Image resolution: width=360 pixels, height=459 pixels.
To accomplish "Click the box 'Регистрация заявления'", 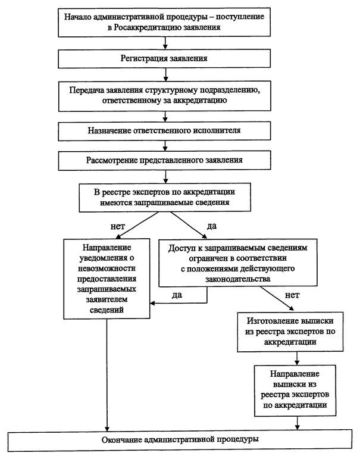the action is (164, 58).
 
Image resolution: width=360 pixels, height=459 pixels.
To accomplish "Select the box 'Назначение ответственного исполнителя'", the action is (164, 130).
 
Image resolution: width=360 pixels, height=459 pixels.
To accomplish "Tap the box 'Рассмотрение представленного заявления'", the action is (164, 160).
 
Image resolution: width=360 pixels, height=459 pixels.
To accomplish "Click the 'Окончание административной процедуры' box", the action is (180, 440).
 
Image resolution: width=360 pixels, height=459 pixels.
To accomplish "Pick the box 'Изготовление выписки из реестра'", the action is (290, 332).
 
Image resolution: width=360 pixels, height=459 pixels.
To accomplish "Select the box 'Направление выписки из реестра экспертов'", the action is (295, 391).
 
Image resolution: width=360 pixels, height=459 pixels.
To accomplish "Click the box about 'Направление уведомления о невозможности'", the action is (107, 279).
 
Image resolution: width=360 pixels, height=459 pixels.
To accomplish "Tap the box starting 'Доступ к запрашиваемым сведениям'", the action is (238, 263).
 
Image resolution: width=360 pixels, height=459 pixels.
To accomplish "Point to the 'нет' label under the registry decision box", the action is (118, 226).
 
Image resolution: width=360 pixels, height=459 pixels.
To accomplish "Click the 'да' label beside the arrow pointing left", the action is (177, 295).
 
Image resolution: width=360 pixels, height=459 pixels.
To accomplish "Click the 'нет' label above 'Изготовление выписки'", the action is (292, 295).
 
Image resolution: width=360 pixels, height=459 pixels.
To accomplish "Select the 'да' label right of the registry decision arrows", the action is (212, 226).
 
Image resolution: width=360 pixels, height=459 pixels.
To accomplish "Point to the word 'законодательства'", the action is (237, 279).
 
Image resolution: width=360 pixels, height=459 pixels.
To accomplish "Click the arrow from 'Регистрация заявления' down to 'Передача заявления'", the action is (165, 74).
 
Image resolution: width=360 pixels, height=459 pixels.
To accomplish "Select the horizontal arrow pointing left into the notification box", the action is (179, 303).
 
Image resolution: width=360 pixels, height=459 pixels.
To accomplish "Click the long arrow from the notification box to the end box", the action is (107, 374).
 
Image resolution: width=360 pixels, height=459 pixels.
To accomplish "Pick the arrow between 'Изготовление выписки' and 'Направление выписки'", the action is (297, 358).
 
